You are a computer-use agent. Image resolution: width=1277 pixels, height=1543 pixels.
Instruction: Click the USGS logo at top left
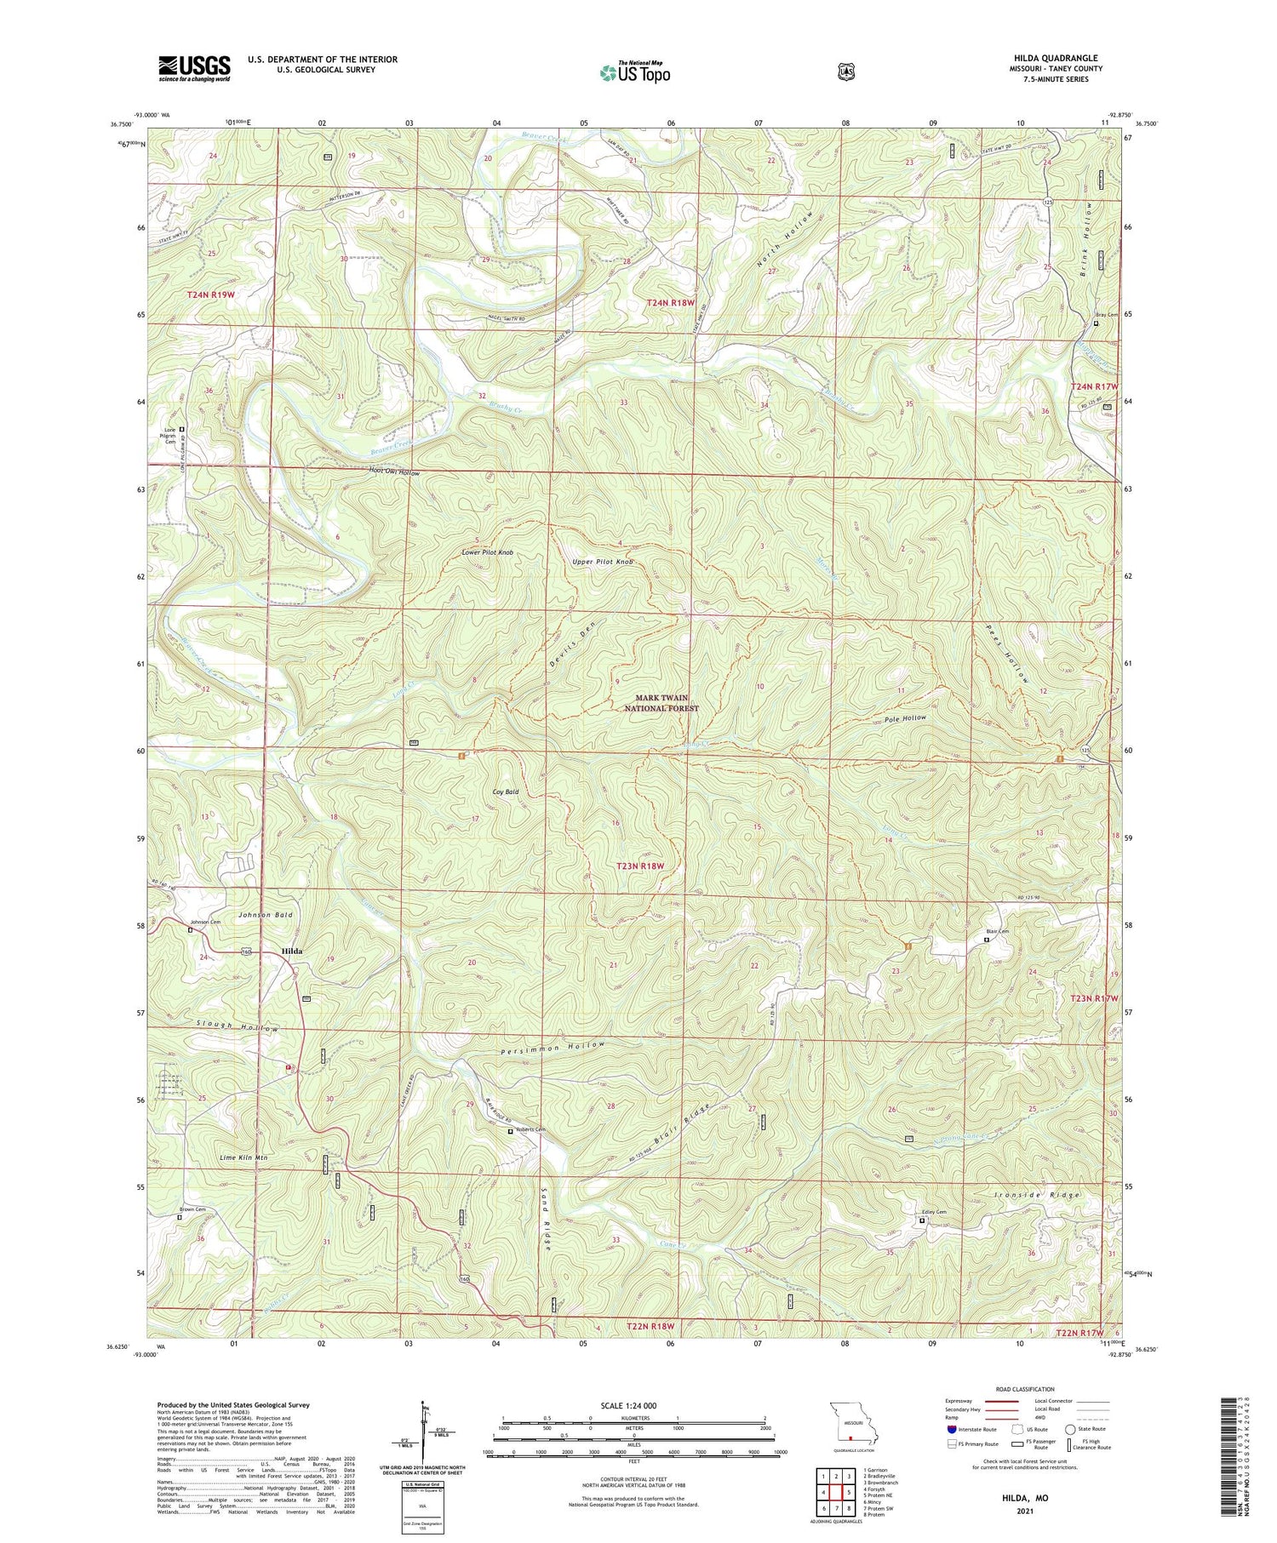(194, 68)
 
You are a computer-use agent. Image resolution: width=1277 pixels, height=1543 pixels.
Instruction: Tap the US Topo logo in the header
(634, 73)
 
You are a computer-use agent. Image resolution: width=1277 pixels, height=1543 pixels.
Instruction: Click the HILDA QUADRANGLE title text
(1051, 58)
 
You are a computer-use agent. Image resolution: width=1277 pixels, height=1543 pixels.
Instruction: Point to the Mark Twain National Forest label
(661, 703)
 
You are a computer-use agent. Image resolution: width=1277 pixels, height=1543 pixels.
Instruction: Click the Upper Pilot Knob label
(603, 563)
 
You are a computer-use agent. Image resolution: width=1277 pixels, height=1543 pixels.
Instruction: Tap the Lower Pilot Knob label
(487, 552)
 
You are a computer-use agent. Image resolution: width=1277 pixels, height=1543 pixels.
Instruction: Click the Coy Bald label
(506, 792)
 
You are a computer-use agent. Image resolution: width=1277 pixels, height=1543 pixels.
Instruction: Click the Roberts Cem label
(530, 1129)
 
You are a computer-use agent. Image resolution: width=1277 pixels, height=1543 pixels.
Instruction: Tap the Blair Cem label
(997, 931)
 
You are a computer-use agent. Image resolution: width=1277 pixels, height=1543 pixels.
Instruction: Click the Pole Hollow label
(904, 718)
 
